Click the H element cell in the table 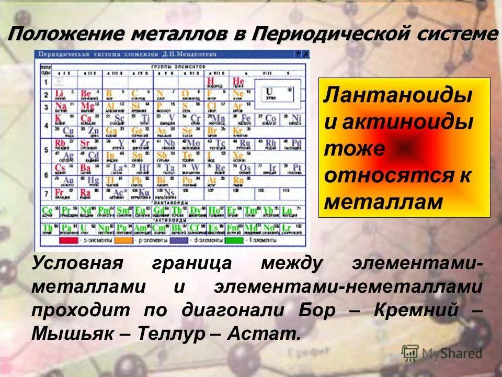211,81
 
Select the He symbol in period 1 238,81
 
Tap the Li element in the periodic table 59,94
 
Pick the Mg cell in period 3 87,106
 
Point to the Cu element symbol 67,130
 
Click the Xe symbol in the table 238,155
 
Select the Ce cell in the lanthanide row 48,210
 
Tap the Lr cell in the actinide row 287,228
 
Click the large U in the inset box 270,91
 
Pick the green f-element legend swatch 234,240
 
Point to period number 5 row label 45,149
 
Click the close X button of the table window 305,54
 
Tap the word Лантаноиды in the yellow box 398,96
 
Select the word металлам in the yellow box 383,202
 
